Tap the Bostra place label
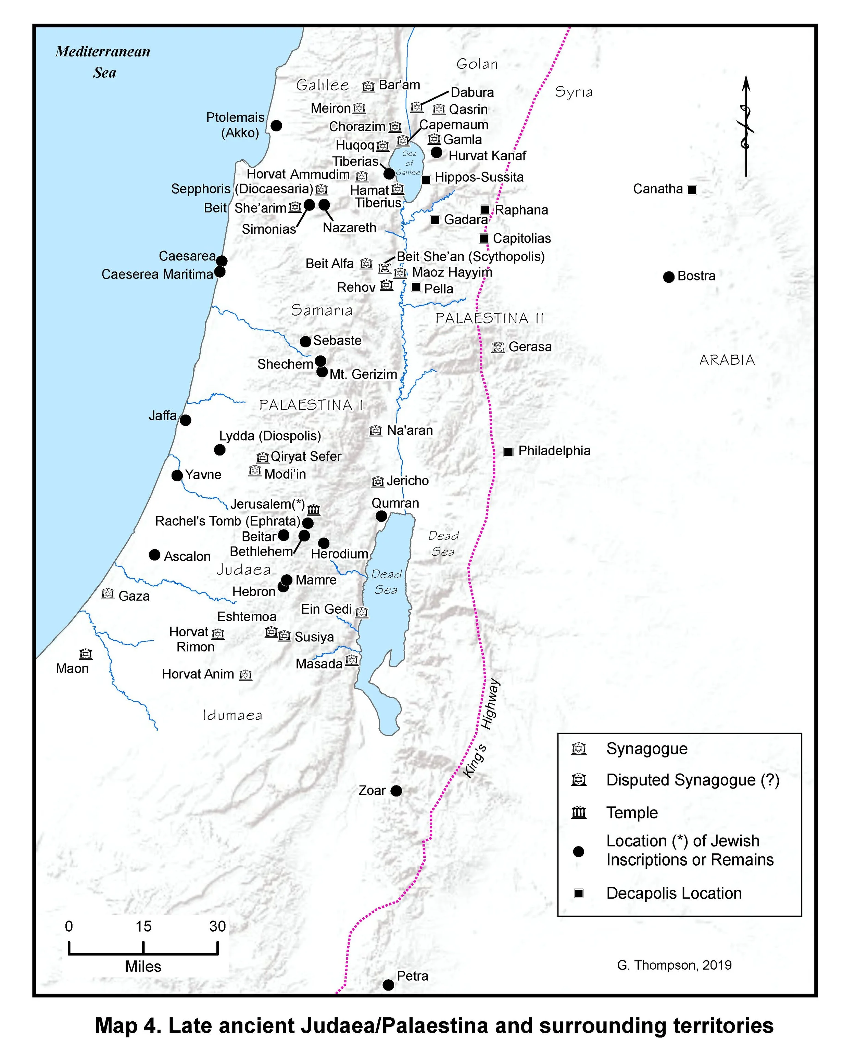pyautogui.click(x=696, y=276)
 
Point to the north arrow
pyautogui.click(x=745, y=126)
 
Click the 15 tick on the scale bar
pyautogui.click(x=143, y=947)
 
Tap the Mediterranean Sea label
pyautogui.click(x=103, y=62)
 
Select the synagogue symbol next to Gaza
pyautogui.click(x=108, y=594)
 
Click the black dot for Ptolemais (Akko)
pyautogui.click(x=277, y=126)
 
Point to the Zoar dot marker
pyautogui.click(x=396, y=791)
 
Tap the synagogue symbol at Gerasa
pyautogui.click(x=498, y=347)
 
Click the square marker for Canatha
pyautogui.click(x=692, y=190)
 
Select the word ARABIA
pyautogui.click(x=727, y=360)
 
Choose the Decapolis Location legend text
pyautogui.click(x=674, y=893)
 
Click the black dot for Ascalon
pyautogui.click(x=154, y=555)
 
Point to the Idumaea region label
pyautogui.click(x=232, y=715)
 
